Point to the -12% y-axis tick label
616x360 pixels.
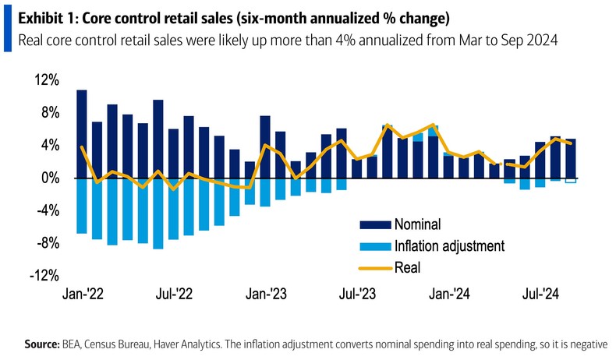pyautogui.click(x=44, y=275)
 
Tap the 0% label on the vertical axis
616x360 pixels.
pyautogui.click(x=50, y=178)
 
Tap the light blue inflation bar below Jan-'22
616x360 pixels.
pyautogui.click(x=81, y=206)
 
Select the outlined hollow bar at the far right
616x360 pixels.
pyautogui.click(x=571, y=180)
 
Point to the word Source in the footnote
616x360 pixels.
pyautogui.click(x=42, y=343)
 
